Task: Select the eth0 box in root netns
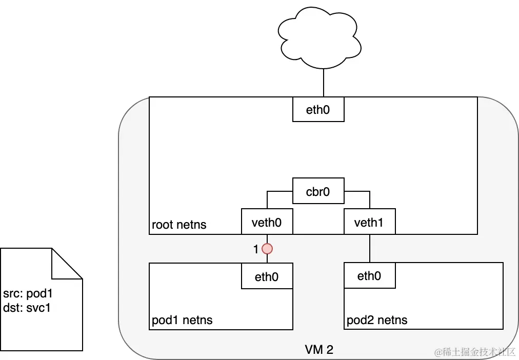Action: click(318, 109)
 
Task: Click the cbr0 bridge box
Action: click(318, 191)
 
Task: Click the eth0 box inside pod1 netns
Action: click(267, 276)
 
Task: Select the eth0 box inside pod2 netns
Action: click(369, 276)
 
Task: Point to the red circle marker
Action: click(267, 249)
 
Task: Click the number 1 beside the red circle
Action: click(256, 249)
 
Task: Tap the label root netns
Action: click(179, 225)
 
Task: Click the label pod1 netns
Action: click(182, 321)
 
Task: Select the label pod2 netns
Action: click(377, 321)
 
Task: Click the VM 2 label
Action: click(318, 350)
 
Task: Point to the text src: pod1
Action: click(28, 294)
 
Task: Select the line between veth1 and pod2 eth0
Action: click(369, 248)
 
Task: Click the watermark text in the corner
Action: click(474, 352)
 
